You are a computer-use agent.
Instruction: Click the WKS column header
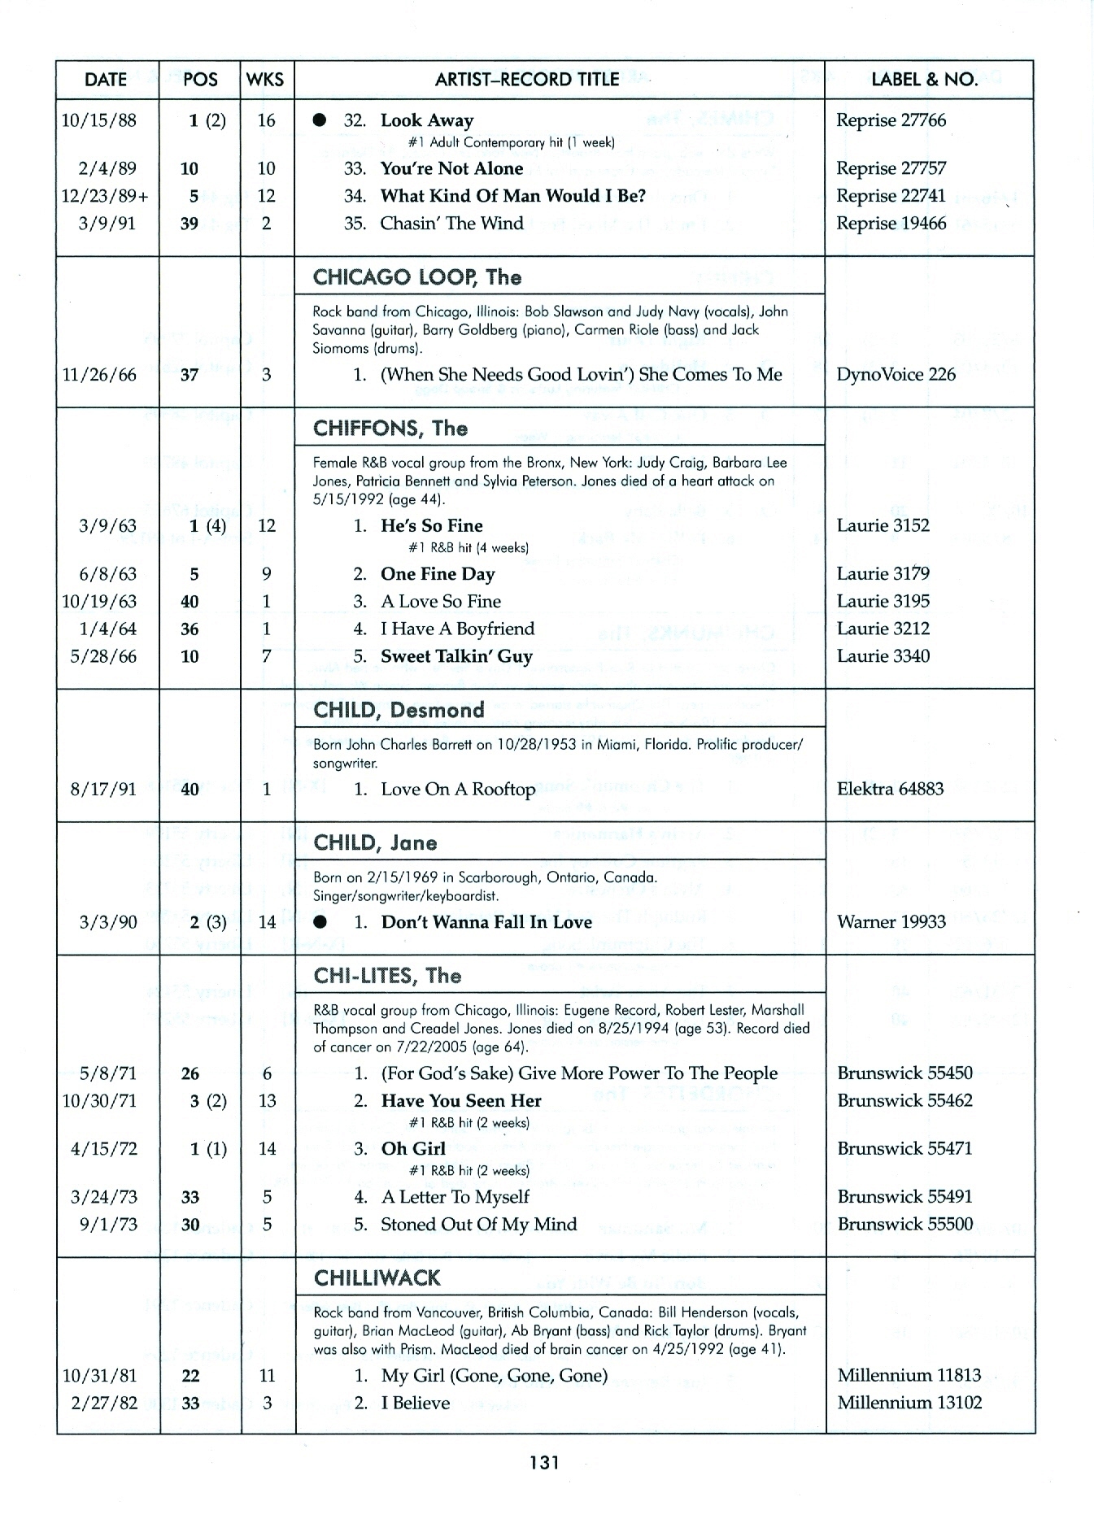click(266, 80)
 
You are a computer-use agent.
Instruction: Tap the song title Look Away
click(426, 121)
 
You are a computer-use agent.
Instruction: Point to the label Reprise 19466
click(891, 224)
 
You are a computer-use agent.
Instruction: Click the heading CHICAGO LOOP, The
click(417, 277)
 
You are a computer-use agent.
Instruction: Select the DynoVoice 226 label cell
click(896, 375)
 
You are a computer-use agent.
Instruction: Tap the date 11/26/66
click(99, 375)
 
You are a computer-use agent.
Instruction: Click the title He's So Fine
click(431, 525)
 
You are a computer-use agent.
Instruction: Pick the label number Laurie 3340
click(883, 656)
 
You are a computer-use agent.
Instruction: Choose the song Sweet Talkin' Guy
click(456, 656)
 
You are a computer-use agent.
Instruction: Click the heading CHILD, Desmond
click(399, 710)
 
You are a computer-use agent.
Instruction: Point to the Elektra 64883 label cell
click(891, 789)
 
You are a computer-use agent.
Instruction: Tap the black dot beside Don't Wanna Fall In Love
click(321, 922)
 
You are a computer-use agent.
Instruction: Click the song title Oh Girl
click(413, 1149)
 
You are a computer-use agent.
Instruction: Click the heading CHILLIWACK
click(377, 1278)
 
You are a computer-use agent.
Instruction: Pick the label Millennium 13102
click(909, 1403)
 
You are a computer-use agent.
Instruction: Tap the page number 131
click(544, 1463)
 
